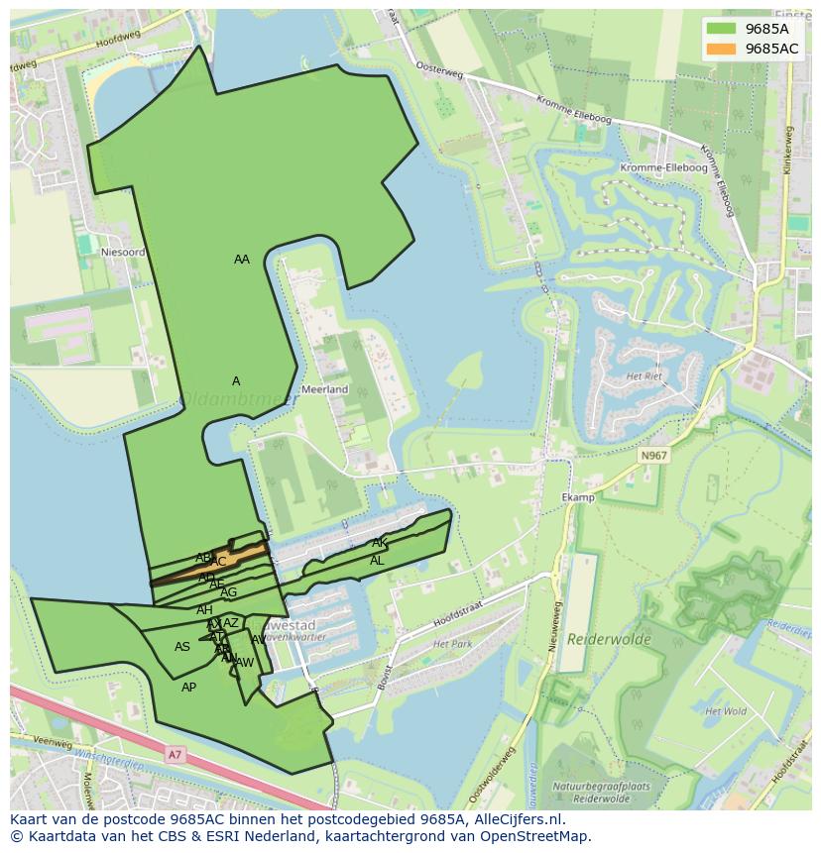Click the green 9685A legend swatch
[722, 29]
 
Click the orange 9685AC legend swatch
[722, 49]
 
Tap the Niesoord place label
[123, 253]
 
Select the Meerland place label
[325, 389]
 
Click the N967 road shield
[652, 456]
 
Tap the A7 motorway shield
[176, 755]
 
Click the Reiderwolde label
[609, 639]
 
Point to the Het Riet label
[644, 376]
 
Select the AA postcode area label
[242, 260]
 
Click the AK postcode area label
[380, 543]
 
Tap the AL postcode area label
[377, 561]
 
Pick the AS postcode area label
[182, 647]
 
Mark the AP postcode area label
[188, 688]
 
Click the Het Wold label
[725, 711]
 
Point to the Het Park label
[453, 644]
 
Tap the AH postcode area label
[204, 610]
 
